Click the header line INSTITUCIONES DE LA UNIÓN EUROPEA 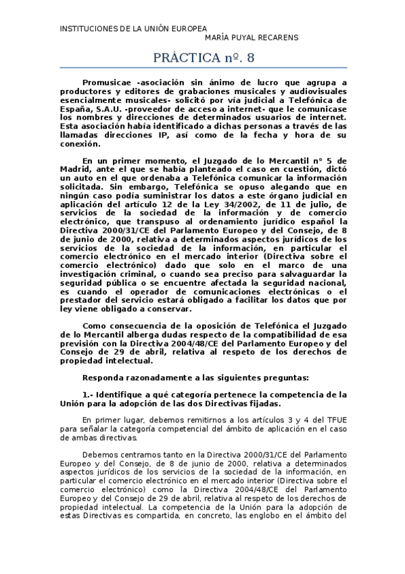[134, 28]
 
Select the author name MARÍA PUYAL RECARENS [251, 38]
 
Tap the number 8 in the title [250, 58]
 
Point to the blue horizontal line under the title [203, 67]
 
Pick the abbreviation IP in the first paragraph [164, 135]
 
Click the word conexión [79, 143]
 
